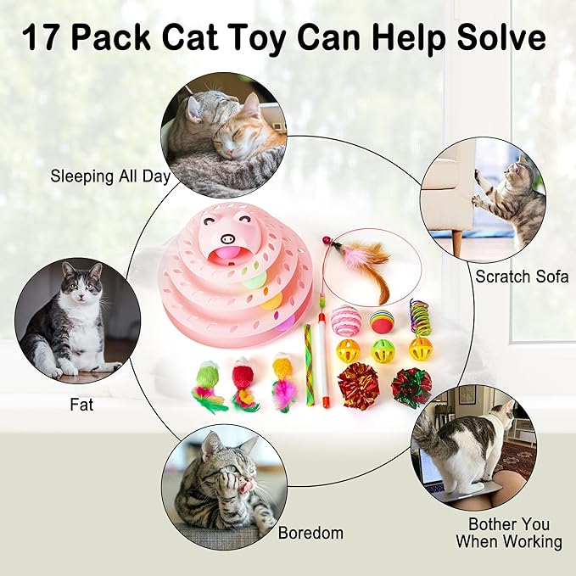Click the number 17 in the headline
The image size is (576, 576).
pyautogui.click(x=43, y=39)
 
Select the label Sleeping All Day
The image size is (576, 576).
pyautogui.click(x=110, y=177)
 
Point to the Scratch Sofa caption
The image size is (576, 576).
pyautogui.click(x=521, y=276)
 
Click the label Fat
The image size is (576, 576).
pyautogui.click(x=81, y=405)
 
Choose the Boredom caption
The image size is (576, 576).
pyautogui.click(x=310, y=534)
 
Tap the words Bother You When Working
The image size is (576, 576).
pyautogui.click(x=508, y=533)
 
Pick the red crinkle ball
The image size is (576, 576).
pyautogui.click(x=358, y=385)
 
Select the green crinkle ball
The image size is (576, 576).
pyautogui.click(x=412, y=387)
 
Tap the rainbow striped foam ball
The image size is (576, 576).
pyautogui.click(x=381, y=322)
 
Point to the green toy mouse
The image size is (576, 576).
pyautogui.click(x=206, y=383)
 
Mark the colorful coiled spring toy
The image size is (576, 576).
pyautogui.click(x=419, y=316)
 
